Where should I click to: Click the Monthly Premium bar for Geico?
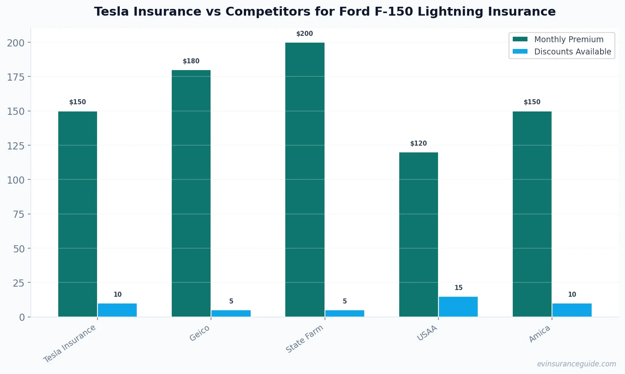pyautogui.click(x=191, y=193)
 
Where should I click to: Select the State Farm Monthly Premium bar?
pyautogui.click(x=305, y=179)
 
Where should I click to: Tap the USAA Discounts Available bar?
pyautogui.click(x=458, y=307)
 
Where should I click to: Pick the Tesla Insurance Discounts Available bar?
pyautogui.click(x=117, y=310)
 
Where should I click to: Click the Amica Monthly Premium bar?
pyautogui.click(x=532, y=214)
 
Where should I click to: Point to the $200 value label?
pyautogui.click(x=305, y=34)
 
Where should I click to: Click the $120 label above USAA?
pyautogui.click(x=418, y=144)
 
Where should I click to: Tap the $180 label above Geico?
pyautogui.click(x=191, y=61)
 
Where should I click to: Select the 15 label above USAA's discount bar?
pyautogui.click(x=458, y=288)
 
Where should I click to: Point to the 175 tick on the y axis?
pyautogui.click(x=16, y=77)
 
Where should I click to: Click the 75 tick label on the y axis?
pyautogui.click(x=19, y=214)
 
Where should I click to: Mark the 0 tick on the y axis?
pyautogui.click(x=22, y=317)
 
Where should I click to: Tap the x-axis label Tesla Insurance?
pyautogui.click(x=70, y=344)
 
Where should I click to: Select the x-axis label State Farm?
pyautogui.click(x=304, y=339)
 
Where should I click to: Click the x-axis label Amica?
pyautogui.click(x=539, y=334)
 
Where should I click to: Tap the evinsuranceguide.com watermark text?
pyautogui.click(x=576, y=364)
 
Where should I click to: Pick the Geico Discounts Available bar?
pyautogui.click(x=231, y=313)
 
